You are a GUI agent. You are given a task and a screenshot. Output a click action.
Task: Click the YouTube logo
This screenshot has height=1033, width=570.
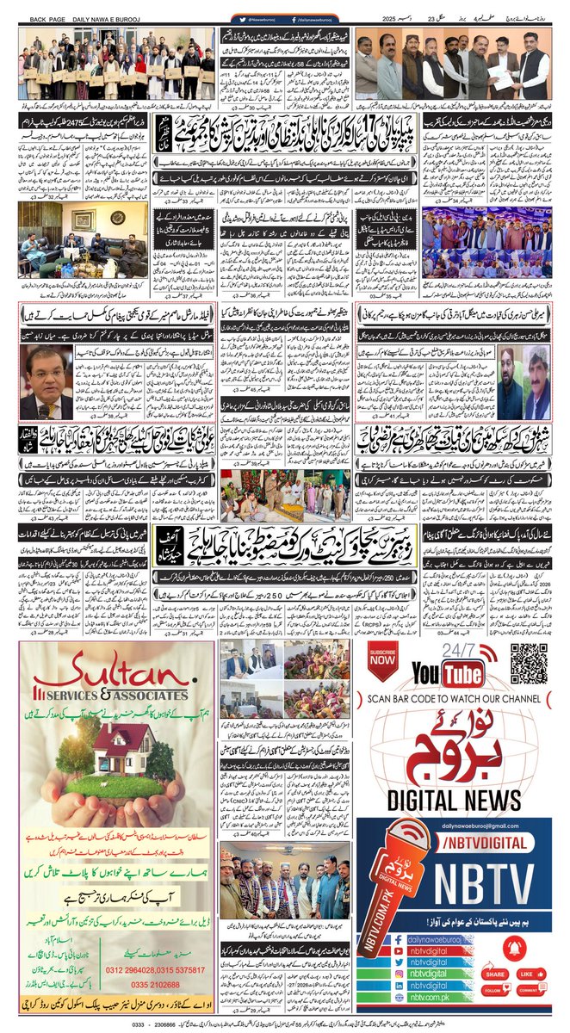pos(448,672)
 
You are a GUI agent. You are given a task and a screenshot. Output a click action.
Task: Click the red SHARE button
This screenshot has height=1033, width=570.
pos(495,974)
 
